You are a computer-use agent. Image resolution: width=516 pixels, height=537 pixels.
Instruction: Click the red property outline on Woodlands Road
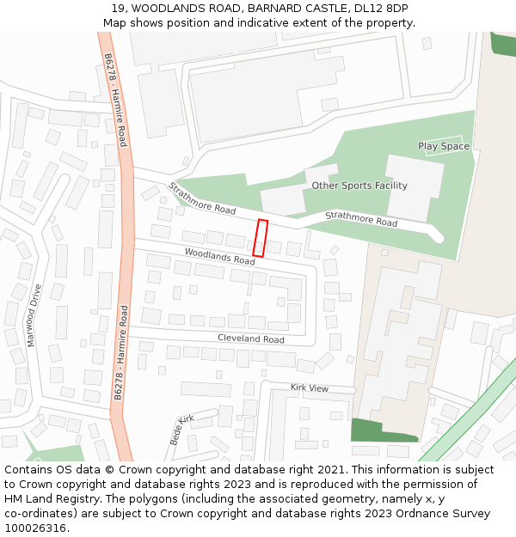pos(261,238)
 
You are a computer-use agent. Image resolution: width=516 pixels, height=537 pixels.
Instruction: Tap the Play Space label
pos(444,146)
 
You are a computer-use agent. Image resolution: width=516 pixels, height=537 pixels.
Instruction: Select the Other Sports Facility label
pos(359,186)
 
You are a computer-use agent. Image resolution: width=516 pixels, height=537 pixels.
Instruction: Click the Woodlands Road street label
pos(219,254)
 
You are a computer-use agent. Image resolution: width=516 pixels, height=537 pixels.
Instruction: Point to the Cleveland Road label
pos(250,339)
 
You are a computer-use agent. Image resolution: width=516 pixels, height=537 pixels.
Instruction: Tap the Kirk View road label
pos(310,388)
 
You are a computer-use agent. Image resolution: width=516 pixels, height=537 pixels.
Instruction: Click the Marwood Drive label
pos(34,315)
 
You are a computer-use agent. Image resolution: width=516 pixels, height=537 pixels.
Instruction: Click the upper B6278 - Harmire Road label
pos(115,100)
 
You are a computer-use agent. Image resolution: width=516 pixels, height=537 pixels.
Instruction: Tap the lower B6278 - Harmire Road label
pos(121,351)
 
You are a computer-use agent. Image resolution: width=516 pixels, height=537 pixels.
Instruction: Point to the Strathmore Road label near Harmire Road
pos(202,198)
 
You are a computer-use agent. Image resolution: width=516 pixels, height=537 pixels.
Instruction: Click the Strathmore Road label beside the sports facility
pos(361,219)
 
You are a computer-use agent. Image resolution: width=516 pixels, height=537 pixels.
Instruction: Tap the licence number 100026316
pos(36,528)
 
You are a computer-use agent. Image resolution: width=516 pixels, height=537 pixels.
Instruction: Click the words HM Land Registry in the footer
pos(47,498)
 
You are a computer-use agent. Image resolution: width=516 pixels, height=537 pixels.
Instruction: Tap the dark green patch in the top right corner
pos(503,43)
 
